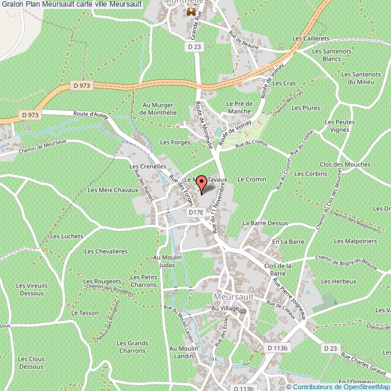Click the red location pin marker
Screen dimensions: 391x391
tap(202, 183)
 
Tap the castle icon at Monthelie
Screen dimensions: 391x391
tap(192, 12)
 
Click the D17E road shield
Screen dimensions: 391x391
tap(196, 212)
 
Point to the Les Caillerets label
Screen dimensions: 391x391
tap(310, 38)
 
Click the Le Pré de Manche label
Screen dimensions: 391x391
tap(238, 108)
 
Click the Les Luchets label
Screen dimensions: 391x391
tap(66, 236)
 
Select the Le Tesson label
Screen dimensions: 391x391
tap(84, 313)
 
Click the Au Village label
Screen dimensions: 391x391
tap(225, 308)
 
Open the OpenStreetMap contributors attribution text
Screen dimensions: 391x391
tap(350, 386)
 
